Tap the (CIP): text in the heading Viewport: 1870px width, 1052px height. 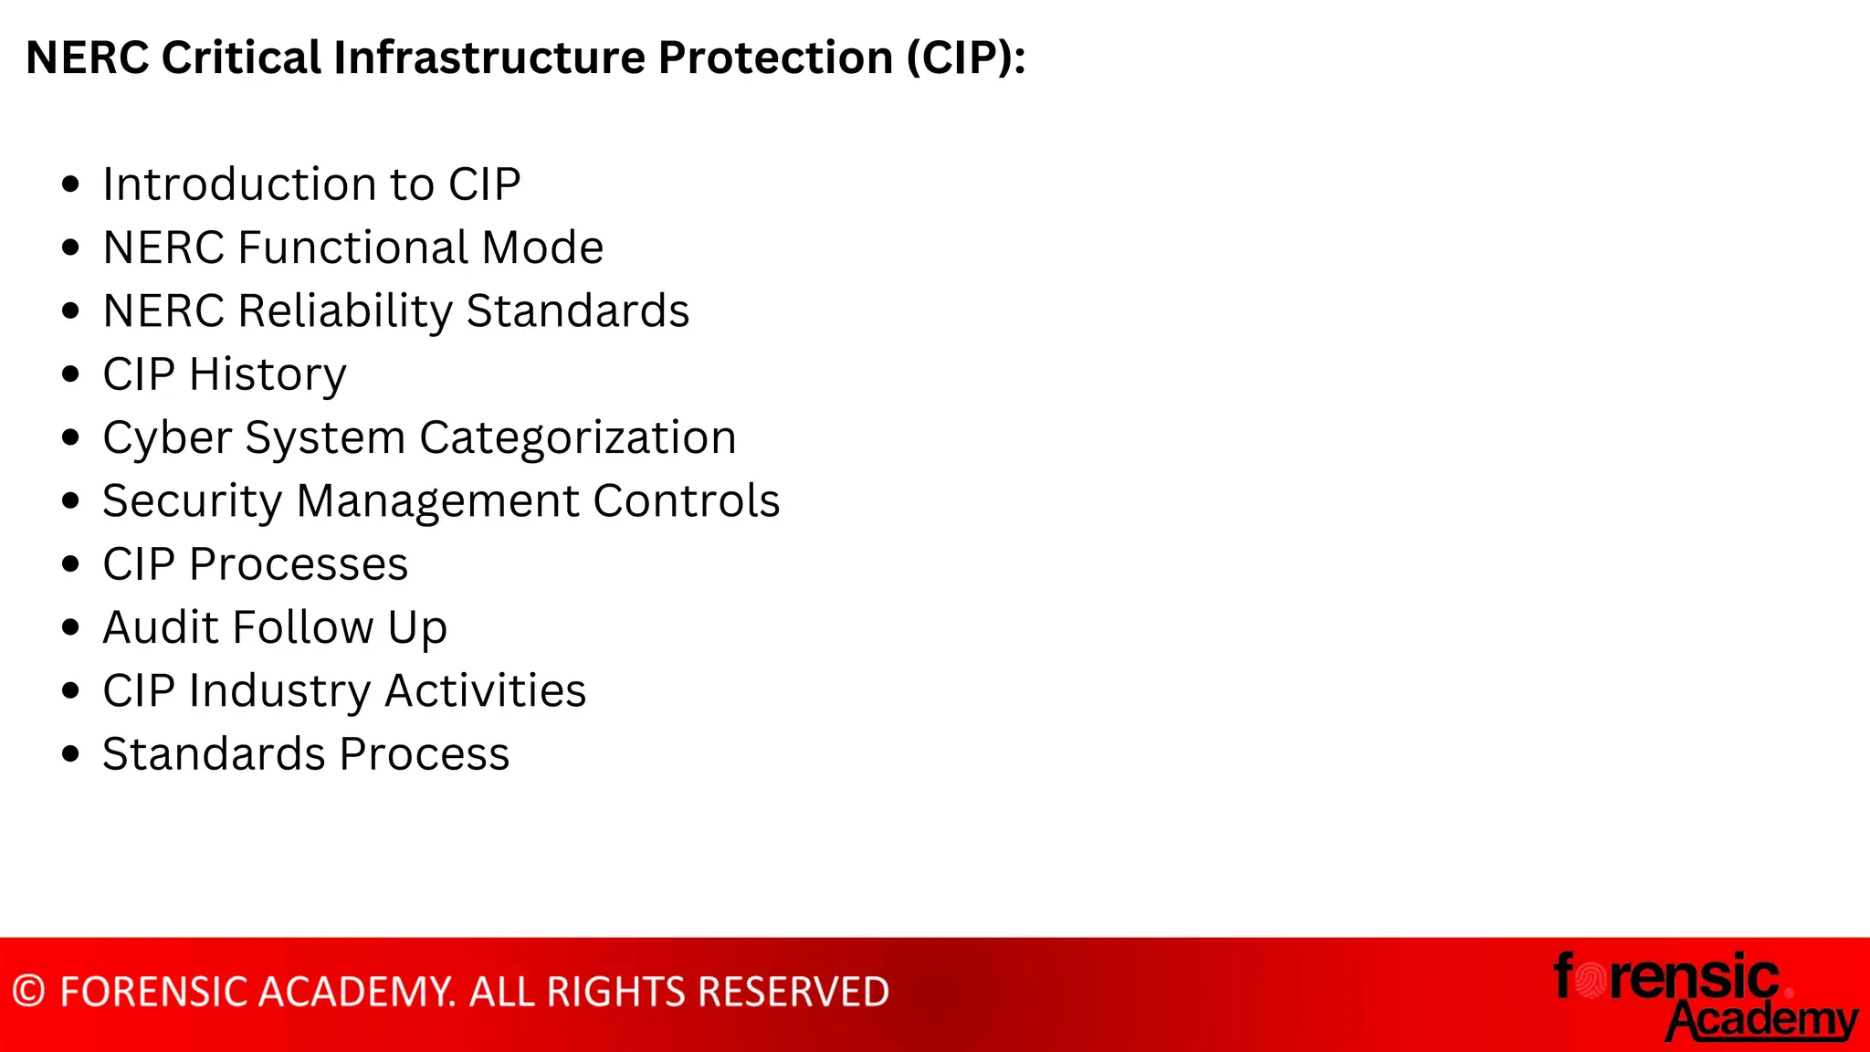click(x=966, y=58)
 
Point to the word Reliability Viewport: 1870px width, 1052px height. click(x=345, y=311)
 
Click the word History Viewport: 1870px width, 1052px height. click(x=268, y=374)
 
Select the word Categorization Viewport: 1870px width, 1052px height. click(x=577, y=437)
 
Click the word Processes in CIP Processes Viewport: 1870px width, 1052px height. click(x=299, y=564)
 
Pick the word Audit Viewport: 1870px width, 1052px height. click(x=161, y=627)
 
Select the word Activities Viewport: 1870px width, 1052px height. click(x=485, y=691)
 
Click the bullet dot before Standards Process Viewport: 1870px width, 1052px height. click(x=71, y=754)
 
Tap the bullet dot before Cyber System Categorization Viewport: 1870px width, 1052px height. click(x=71, y=437)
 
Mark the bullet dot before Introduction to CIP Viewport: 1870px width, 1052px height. click(x=71, y=184)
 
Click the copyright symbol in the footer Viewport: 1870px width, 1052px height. click(x=29, y=992)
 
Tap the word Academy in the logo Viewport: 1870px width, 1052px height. click(x=1762, y=1019)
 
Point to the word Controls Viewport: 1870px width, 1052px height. click(x=687, y=501)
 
